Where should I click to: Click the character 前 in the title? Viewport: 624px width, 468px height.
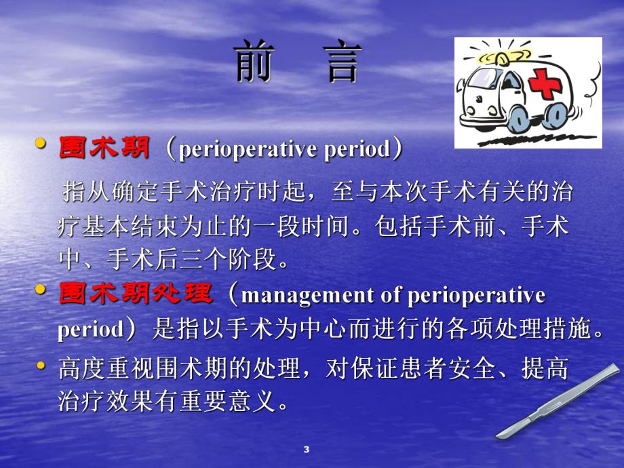click(255, 63)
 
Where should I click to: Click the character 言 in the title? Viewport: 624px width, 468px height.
click(343, 63)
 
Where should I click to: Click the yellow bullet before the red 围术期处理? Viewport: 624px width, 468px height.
click(42, 290)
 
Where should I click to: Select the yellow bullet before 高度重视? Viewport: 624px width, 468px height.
click(42, 367)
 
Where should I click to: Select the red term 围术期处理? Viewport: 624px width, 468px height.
click(136, 295)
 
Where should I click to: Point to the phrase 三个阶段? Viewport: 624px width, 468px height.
click(243, 259)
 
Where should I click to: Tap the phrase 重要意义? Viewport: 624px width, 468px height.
click(243, 403)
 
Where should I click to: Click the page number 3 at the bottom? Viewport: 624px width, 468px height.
click(306, 450)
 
